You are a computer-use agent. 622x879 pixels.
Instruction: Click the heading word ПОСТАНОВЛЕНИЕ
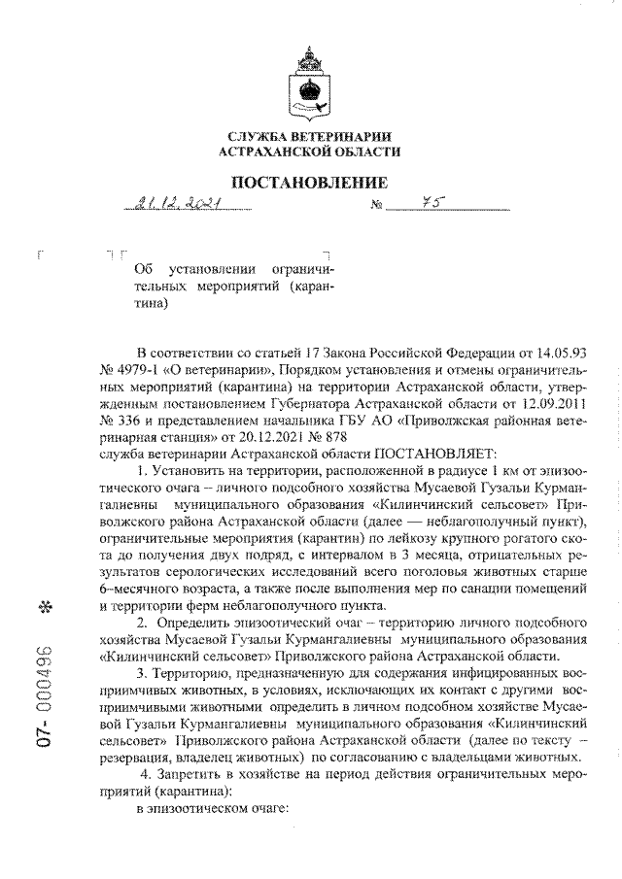[x=308, y=182]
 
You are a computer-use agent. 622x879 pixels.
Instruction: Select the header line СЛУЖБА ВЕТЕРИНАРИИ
[x=308, y=137]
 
